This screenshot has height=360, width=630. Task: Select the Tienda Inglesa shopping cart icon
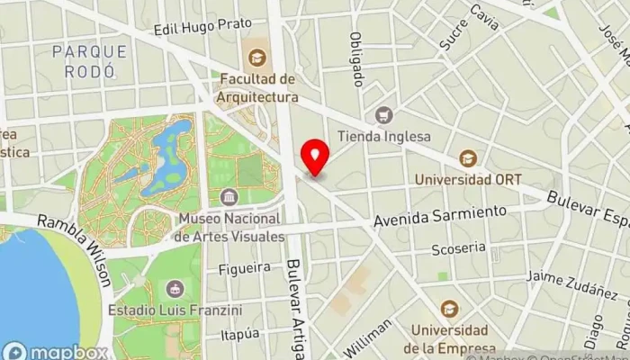[384, 115]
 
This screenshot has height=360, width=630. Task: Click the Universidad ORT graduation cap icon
[467, 158]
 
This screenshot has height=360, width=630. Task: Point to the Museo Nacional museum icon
[229, 197]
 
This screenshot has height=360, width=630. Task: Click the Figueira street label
[244, 267]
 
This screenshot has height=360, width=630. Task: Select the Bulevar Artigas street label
[295, 306]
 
